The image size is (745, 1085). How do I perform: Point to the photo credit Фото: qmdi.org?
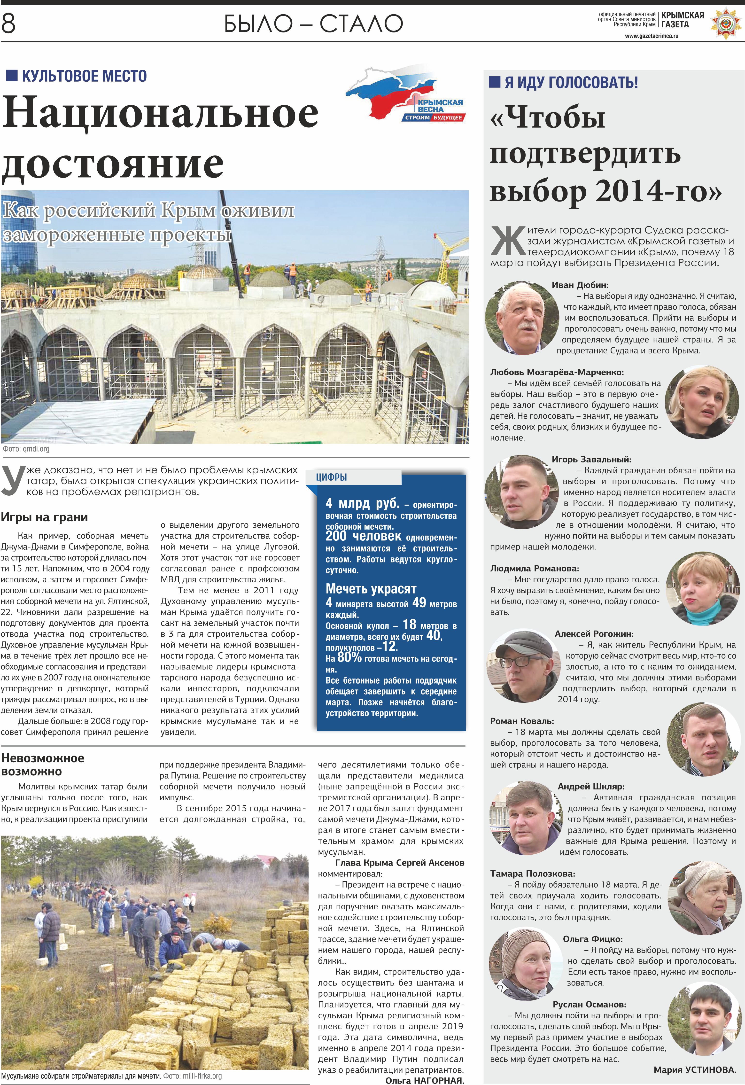(26, 449)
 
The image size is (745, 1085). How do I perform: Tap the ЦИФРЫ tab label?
(331, 477)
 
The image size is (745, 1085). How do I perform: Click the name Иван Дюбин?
(580, 285)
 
